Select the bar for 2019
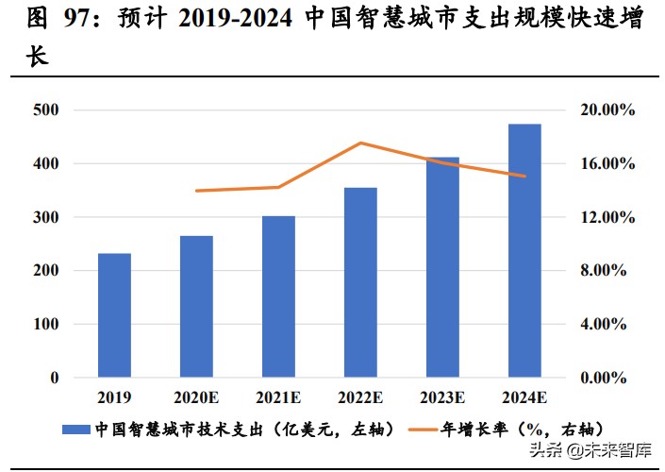coord(114,315)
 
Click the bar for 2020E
coord(196,307)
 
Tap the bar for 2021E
coord(278,296)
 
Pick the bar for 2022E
coord(360,282)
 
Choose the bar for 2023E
coord(442,267)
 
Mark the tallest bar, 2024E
coord(524,250)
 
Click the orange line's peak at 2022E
coord(360,143)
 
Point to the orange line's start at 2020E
coord(196,191)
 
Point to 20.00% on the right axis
coord(605,110)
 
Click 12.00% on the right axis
coord(605,217)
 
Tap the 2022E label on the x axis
coord(360,397)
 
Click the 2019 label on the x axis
coord(114,397)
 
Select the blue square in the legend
coord(77,430)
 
